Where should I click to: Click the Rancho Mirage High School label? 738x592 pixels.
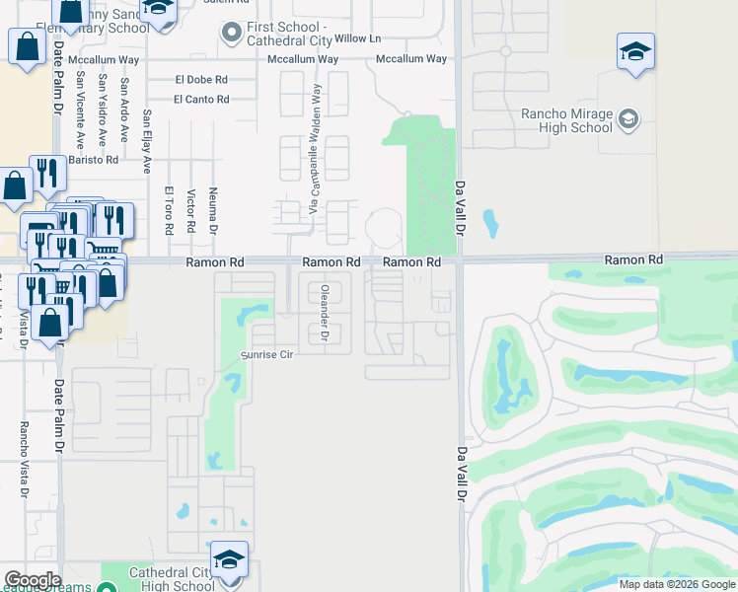tap(566, 119)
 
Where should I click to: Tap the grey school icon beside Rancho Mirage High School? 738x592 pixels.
tap(628, 120)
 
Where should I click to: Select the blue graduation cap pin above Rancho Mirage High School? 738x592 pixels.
tap(636, 52)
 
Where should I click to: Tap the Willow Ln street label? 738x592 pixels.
tap(357, 38)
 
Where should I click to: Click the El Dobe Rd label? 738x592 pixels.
tap(201, 79)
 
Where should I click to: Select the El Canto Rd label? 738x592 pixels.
tap(201, 99)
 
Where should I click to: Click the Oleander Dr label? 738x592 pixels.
tap(324, 313)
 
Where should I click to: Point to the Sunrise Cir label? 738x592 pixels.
tap(268, 354)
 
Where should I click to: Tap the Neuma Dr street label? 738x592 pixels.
tap(213, 211)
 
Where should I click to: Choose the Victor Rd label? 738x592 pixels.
tap(190, 211)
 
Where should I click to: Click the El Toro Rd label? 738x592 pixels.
tap(169, 211)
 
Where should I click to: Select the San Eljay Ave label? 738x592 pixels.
tap(147, 140)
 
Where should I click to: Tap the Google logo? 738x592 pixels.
tap(33, 580)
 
